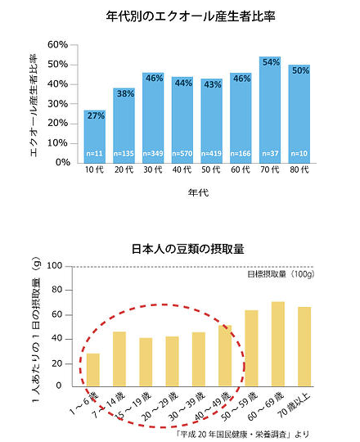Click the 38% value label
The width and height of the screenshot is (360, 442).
pos(124,94)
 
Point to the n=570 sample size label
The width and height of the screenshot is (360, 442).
pos(182,153)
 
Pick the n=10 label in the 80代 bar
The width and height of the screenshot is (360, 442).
pos(299,153)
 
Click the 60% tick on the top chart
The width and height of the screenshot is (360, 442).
pos(58,44)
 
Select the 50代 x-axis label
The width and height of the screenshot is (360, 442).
pos(211,171)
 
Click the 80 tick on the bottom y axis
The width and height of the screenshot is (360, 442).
pos(56,290)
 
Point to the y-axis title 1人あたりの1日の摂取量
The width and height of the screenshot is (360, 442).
pos(34,327)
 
